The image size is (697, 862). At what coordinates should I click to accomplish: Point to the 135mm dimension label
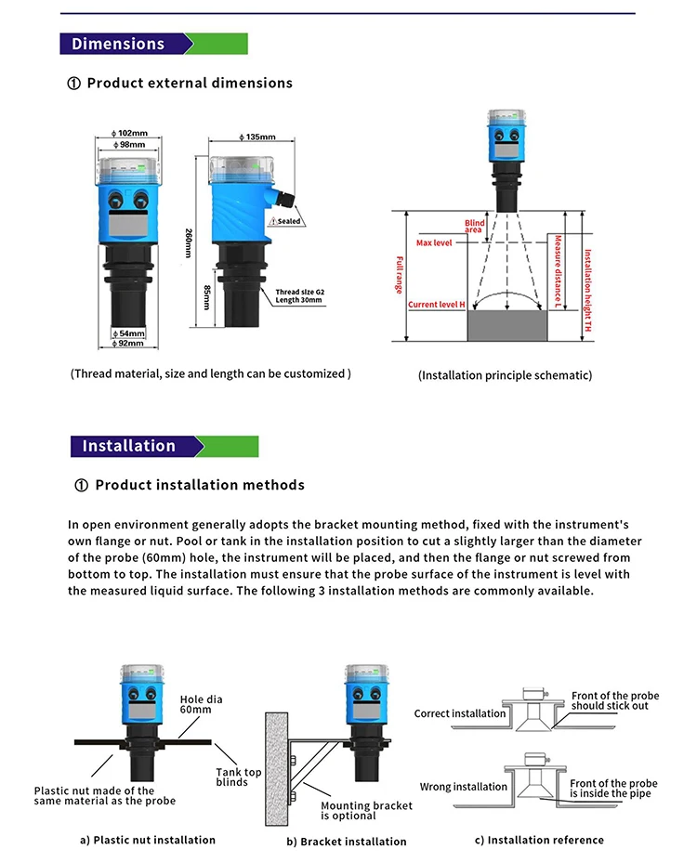[243, 137]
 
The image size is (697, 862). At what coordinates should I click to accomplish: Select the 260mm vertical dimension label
[189, 237]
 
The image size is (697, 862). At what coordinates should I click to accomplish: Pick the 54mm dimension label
[129, 333]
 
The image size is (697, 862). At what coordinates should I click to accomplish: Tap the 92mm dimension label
[129, 344]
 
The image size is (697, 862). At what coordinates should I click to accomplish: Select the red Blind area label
[475, 226]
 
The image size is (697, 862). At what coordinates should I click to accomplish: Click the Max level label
[434, 242]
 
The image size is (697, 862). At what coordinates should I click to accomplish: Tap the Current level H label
[436, 305]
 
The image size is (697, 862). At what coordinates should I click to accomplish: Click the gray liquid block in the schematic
[507, 326]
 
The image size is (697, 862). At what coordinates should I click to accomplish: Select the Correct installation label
[460, 713]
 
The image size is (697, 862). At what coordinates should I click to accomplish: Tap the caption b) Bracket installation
[347, 842]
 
